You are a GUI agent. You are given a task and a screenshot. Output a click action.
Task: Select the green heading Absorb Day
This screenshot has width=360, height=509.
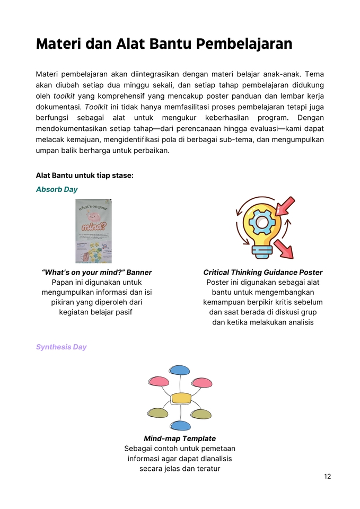coord(57,189)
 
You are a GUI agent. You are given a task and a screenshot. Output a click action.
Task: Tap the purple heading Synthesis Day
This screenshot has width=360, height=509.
coord(61,347)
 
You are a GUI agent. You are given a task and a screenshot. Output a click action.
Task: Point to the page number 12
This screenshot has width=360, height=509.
coord(327,476)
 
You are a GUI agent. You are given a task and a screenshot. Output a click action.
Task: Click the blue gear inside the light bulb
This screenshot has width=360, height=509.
coord(262,223)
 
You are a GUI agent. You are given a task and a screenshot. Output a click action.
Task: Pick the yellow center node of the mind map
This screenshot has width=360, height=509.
coord(181,398)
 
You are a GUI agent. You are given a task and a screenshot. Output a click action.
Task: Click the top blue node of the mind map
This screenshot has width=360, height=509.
coord(180,370)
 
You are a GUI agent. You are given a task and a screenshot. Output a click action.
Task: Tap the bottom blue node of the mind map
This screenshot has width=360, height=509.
coord(180,425)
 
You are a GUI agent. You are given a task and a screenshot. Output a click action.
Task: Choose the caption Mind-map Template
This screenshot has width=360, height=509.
coord(180,438)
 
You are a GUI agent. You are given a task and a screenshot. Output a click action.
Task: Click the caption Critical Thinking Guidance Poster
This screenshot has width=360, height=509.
coord(262,272)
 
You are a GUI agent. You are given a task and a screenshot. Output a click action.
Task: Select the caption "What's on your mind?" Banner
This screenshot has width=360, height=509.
coord(96,272)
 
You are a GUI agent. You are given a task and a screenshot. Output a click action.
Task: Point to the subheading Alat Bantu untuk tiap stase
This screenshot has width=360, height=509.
coord(84,175)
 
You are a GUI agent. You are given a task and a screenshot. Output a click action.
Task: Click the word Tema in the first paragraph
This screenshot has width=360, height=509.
coord(314,73)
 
